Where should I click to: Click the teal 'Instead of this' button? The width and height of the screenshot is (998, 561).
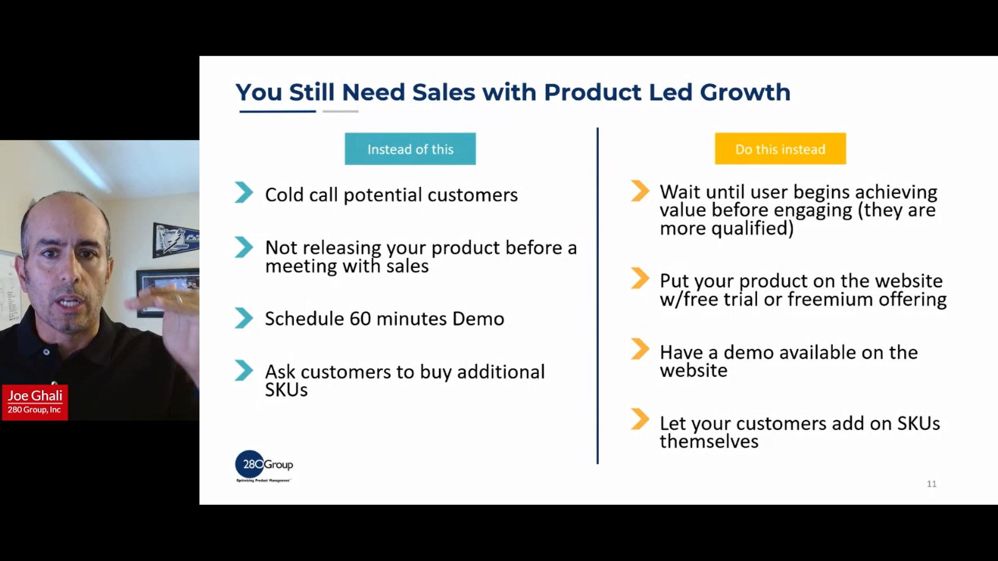pyautogui.click(x=410, y=149)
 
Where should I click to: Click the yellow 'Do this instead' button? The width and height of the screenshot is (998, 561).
pyautogui.click(x=780, y=149)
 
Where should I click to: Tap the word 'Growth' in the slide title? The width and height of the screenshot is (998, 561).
pyautogui.click(x=745, y=92)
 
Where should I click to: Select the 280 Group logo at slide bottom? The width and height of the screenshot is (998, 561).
pyautogui.click(x=264, y=465)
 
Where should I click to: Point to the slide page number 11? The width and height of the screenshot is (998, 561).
pyautogui.click(x=931, y=484)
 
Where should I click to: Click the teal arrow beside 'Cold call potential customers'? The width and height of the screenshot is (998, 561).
pyautogui.click(x=243, y=193)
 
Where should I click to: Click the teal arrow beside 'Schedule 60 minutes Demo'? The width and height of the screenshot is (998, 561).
pyautogui.click(x=243, y=318)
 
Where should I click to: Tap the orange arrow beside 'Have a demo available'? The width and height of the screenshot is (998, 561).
pyautogui.click(x=640, y=349)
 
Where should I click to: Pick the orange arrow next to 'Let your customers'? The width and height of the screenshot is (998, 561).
pyautogui.click(x=640, y=420)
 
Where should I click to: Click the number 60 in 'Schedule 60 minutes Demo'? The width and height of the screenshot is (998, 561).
pyautogui.click(x=360, y=318)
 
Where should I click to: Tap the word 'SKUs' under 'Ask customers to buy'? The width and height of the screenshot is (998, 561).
pyautogui.click(x=286, y=390)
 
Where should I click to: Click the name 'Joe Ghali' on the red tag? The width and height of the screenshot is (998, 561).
pyautogui.click(x=35, y=395)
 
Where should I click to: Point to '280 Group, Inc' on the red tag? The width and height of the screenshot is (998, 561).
pyautogui.click(x=34, y=410)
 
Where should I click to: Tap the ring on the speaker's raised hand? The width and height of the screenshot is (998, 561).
pyautogui.click(x=178, y=300)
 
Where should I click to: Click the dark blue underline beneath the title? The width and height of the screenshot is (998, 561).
pyautogui.click(x=278, y=111)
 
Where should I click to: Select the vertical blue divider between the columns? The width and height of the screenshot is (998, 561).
pyautogui.click(x=597, y=296)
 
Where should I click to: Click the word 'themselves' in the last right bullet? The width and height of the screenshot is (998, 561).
pyautogui.click(x=708, y=442)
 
